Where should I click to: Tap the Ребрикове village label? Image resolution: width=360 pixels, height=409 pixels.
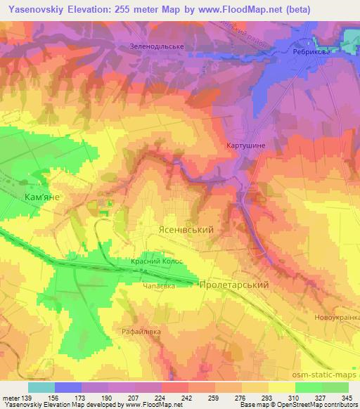pyautogui.click(x=314, y=51)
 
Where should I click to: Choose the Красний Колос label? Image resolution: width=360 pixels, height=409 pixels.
pyautogui.click(x=157, y=261)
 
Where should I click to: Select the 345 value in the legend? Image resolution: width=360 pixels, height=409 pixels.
pyautogui.click(x=347, y=397)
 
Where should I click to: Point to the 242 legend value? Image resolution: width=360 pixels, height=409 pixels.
pyautogui.click(x=187, y=397)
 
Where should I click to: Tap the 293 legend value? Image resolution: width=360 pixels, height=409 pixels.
pyautogui.click(x=267, y=397)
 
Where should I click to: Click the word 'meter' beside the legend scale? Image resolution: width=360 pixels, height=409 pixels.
pyautogui.click(x=11, y=397)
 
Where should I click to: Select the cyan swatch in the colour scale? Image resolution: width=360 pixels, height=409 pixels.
pyautogui.click(x=41, y=387)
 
